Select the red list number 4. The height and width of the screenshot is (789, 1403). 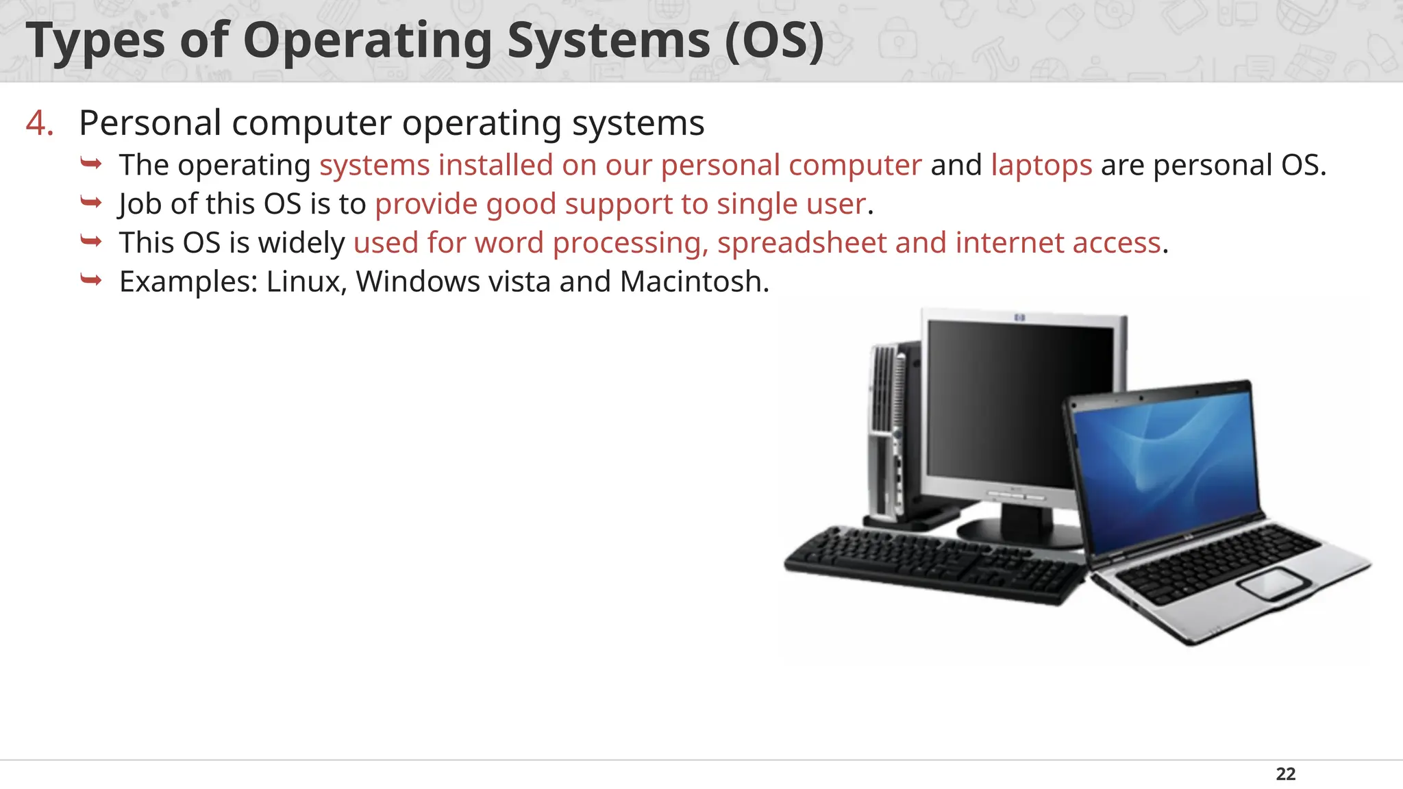pos(39,124)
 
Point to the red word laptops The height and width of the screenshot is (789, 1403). pos(1041,166)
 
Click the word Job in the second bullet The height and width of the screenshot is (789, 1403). pos(140,205)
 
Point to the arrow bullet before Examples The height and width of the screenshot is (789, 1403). pos(91,280)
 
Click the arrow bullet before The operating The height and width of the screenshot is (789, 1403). pos(91,164)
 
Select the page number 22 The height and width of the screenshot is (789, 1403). pos(1286,774)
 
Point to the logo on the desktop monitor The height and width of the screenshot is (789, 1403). pos(1019,317)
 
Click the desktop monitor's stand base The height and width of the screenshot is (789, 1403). pos(1007,531)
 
